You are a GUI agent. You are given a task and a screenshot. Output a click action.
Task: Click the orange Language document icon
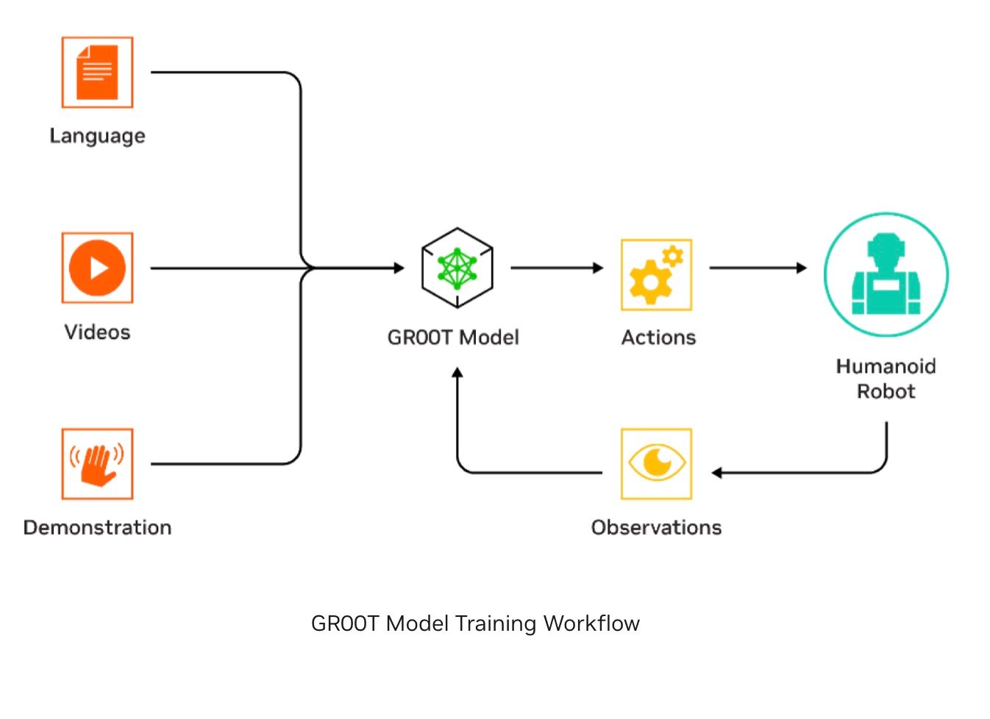point(97,72)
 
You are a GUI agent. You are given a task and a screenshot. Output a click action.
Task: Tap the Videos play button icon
point(97,268)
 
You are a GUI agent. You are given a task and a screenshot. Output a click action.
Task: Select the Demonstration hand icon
point(97,464)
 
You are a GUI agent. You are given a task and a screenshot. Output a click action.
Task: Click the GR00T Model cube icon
point(457,268)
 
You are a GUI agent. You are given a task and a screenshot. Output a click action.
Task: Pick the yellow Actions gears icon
point(656,274)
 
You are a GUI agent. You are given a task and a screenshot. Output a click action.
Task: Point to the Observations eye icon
point(656,464)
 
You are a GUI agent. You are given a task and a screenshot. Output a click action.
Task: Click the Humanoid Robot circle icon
point(886,275)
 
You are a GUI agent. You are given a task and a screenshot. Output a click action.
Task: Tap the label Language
point(97,136)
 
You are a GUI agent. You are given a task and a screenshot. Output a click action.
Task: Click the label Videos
point(97,332)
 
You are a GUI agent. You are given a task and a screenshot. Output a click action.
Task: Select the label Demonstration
point(97,528)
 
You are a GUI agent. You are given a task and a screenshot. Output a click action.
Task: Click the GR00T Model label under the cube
point(453,337)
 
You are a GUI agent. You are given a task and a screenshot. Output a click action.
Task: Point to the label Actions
point(658,337)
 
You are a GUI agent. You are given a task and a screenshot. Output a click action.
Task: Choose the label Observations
point(656,528)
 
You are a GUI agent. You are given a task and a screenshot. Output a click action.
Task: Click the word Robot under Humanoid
point(886,391)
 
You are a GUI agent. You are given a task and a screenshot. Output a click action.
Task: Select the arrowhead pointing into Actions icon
point(598,268)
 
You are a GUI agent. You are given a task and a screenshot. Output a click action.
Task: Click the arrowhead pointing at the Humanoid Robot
point(802,268)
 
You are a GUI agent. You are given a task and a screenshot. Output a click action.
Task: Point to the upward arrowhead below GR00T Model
point(457,373)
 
